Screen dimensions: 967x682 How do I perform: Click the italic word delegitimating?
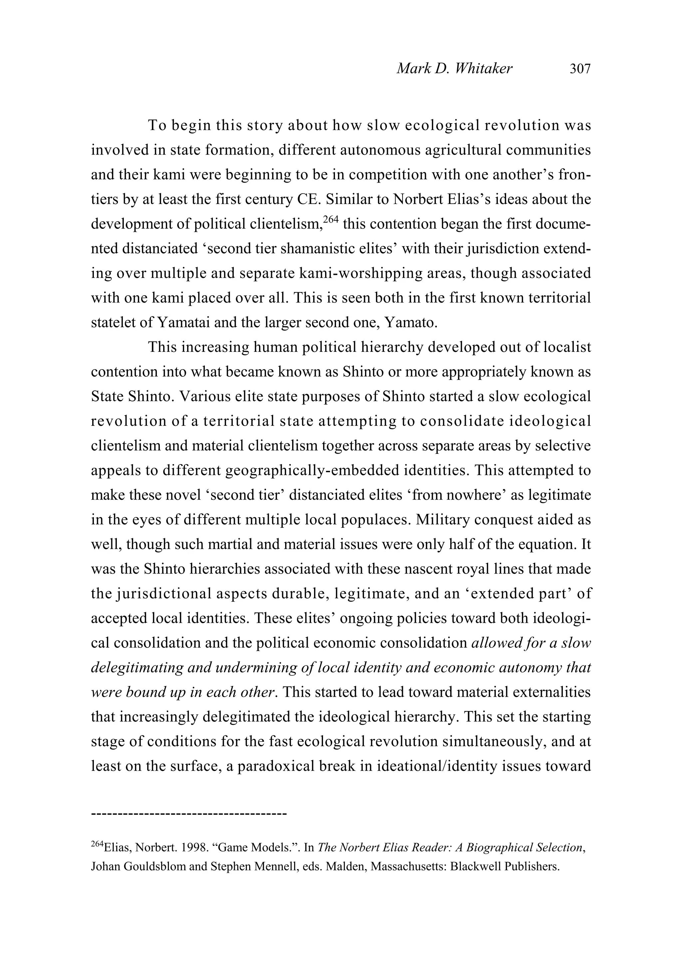[x=137, y=667]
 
